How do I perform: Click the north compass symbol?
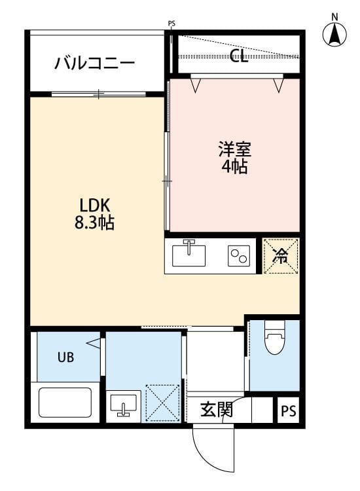click(335, 33)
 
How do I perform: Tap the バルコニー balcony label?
click(95, 64)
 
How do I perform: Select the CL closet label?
click(239, 56)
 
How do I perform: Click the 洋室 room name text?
click(234, 149)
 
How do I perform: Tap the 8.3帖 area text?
click(95, 223)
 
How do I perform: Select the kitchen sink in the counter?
click(189, 255)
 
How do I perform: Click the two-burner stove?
click(238, 256)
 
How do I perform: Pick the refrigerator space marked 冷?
click(280, 256)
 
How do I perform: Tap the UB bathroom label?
click(65, 357)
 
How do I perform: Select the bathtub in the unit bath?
click(65, 402)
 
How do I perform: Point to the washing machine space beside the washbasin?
click(162, 403)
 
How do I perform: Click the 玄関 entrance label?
click(216, 410)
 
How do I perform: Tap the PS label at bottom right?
click(288, 412)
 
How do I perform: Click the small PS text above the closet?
click(171, 24)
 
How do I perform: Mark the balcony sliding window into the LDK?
click(98, 94)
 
